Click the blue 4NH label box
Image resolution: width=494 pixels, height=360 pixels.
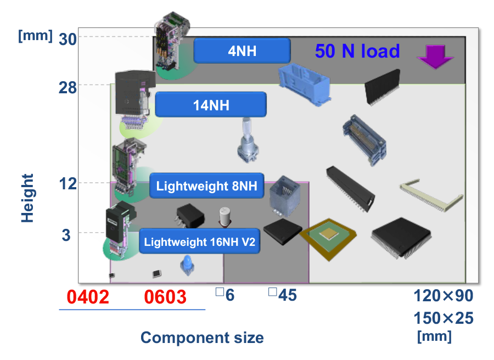(242, 51)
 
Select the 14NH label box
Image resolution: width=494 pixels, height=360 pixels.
(211, 104)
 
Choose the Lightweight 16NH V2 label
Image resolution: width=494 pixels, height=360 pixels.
(199, 241)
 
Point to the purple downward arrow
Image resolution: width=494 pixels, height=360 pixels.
(434, 57)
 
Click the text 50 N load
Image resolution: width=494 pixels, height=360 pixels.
(357, 51)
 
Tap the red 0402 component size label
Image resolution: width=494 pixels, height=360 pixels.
(88, 297)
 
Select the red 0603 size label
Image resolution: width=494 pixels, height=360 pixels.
(165, 297)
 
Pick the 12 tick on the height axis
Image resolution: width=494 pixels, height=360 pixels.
(68, 184)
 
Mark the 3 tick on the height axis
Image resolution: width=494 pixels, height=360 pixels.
(66, 234)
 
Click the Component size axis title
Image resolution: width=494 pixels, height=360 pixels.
(202, 337)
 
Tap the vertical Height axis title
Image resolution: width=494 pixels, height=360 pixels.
(27, 198)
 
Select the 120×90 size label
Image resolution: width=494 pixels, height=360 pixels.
(443, 296)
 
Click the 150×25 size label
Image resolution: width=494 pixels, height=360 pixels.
(443, 318)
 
